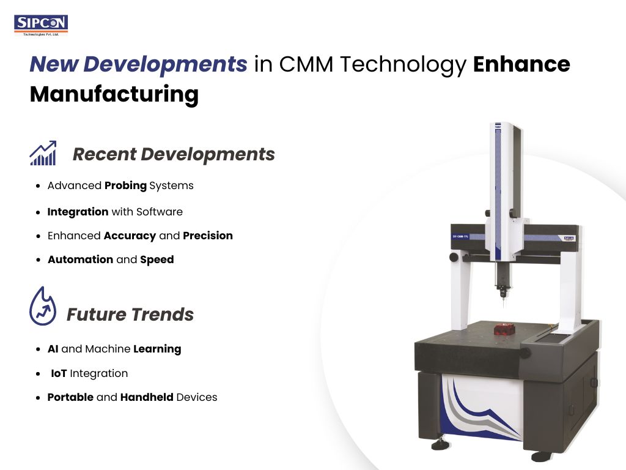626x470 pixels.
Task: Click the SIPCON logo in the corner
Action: coord(41,24)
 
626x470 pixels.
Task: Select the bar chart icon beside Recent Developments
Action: coord(43,153)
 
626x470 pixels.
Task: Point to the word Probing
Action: coord(125,185)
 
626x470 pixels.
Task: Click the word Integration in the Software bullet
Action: coord(78,212)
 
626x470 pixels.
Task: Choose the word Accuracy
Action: coord(130,236)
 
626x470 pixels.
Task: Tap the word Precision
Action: coord(208,236)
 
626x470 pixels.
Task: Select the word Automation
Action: coord(80,259)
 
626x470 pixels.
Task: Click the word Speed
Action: coord(157,259)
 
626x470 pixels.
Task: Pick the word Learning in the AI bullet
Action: coord(157,349)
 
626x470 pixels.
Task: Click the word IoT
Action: coord(59,373)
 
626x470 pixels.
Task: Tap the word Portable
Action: coord(70,397)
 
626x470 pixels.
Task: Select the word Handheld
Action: coord(147,397)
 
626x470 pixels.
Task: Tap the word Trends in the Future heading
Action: coord(161,315)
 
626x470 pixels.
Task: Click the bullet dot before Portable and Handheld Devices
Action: coord(39,398)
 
